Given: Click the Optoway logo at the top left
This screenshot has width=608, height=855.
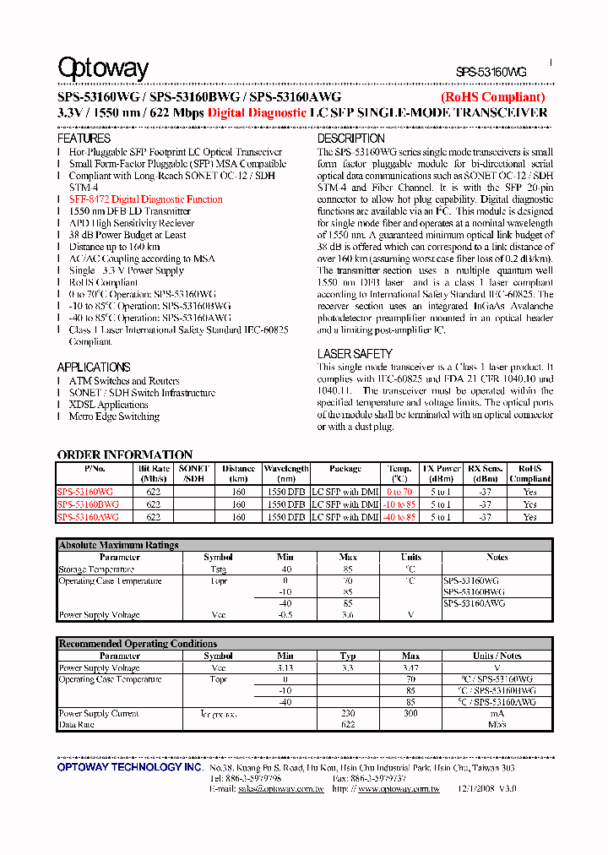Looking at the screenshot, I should [103, 69].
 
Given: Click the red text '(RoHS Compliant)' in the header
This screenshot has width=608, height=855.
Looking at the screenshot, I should [493, 98].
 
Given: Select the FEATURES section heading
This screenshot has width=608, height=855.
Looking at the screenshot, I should [84, 138].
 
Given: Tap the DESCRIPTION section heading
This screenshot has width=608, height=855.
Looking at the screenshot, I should [350, 138].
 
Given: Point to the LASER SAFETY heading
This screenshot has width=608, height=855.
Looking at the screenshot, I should [355, 354].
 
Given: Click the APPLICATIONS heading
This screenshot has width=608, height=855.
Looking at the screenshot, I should [94, 367].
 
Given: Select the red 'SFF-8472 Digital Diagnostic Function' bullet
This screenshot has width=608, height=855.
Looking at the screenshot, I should [146, 199].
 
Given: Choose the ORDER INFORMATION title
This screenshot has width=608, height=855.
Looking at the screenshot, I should [125, 455].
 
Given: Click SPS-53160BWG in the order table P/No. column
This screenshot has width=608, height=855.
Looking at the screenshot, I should [88, 504].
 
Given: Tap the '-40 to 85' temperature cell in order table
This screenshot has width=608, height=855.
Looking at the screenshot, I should [399, 516].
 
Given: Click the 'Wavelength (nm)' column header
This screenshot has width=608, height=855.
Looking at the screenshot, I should [286, 473].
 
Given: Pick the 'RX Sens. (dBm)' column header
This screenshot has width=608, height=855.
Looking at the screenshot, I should [486, 473].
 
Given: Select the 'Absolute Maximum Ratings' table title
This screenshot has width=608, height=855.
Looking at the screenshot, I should [118, 546].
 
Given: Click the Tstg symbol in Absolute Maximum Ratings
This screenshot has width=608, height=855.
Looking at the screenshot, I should [218, 569].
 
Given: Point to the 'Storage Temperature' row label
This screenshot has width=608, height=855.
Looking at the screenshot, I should [96, 569].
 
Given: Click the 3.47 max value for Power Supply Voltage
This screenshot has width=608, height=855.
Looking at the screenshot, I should [410, 668].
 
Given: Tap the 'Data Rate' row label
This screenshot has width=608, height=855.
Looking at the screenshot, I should [77, 725].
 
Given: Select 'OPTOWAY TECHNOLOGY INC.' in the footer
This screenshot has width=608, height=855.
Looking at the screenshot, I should [130, 767].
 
